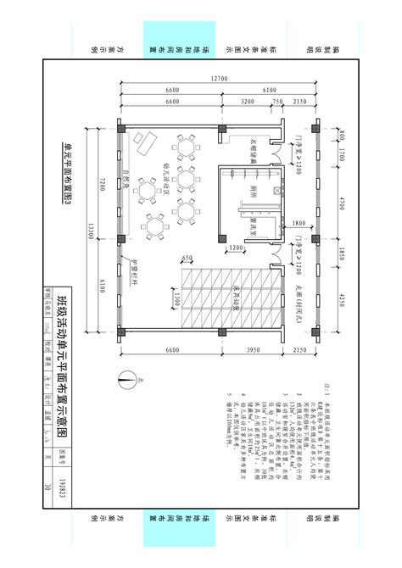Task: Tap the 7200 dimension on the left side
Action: coord(99,185)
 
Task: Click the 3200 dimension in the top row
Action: coord(248,102)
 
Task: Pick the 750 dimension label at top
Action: coord(277,102)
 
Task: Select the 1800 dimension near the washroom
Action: coord(297,224)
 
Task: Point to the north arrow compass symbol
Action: coord(125,381)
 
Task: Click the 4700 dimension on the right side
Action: coord(332,203)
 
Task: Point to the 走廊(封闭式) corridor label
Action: coord(299,298)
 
